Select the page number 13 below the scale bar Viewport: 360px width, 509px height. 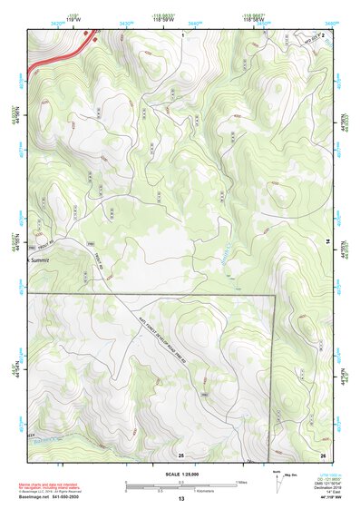coord(180,499)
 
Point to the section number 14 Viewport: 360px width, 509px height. coord(327,240)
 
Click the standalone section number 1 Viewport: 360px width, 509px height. coord(182,34)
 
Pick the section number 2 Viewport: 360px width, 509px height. coord(322,34)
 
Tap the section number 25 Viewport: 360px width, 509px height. coord(180,454)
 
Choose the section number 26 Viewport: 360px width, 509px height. coord(322,454)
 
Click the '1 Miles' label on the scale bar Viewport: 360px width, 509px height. coord(243,481)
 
